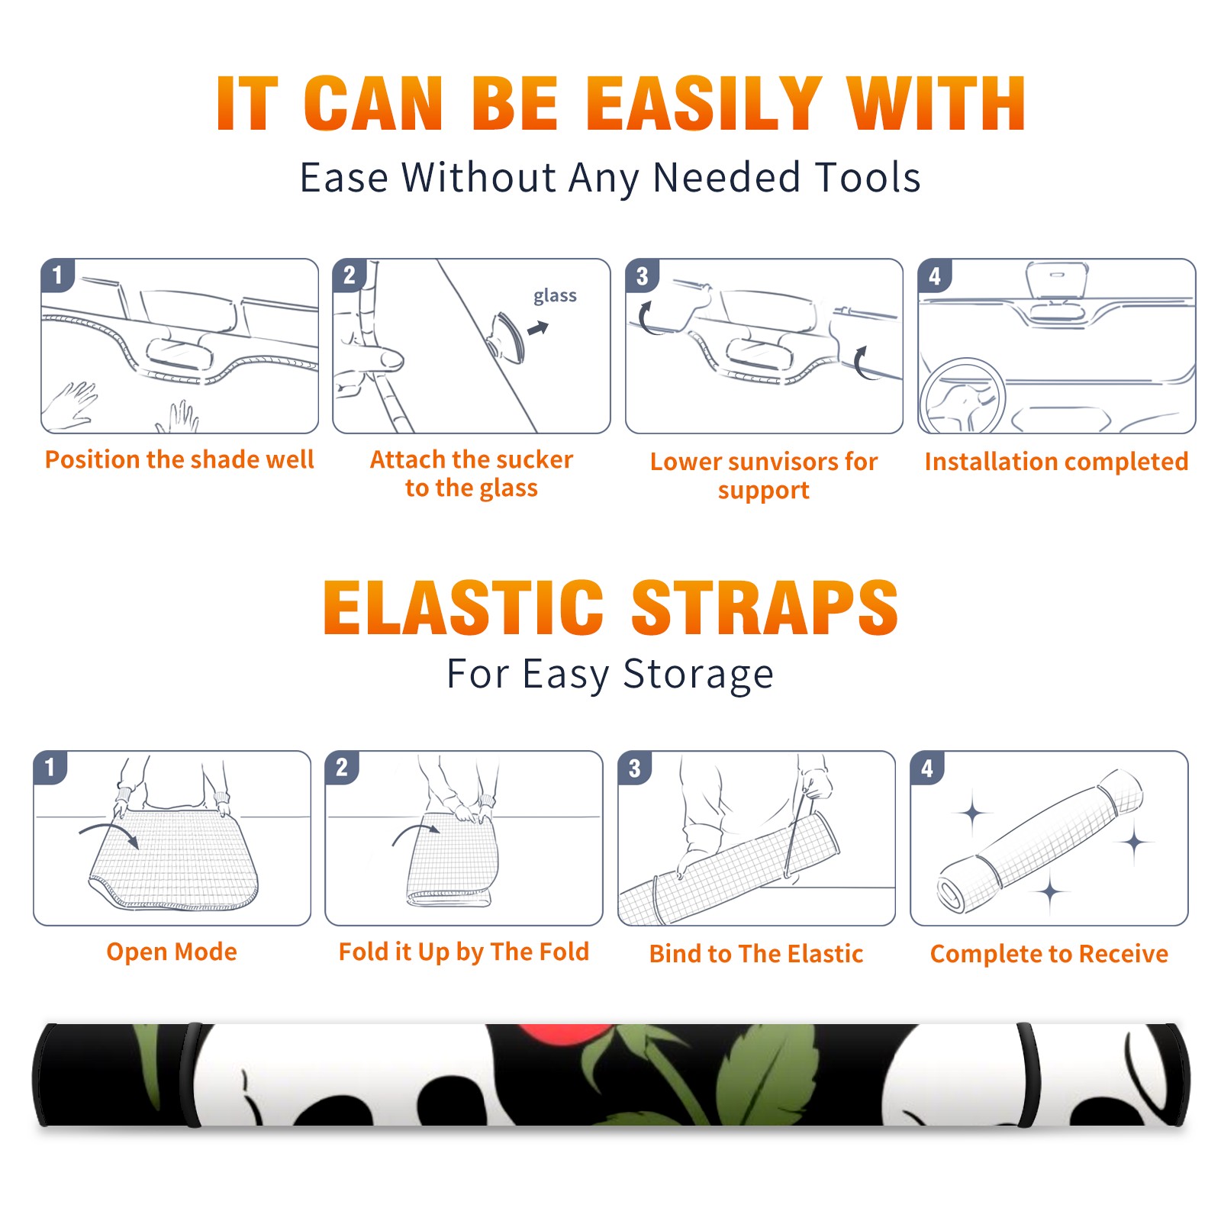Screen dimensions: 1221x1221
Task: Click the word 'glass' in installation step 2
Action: click(555, 296)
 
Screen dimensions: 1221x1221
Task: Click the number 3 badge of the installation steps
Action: click(642, 275)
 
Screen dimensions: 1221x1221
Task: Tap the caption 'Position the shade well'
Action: click(179, 459)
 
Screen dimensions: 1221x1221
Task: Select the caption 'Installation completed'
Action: click(1056, 461)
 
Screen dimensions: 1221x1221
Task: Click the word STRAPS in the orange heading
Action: click(765, 607)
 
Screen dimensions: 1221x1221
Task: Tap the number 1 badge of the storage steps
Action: click(50, 768)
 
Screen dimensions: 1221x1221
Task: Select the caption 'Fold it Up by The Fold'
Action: click(464, 952)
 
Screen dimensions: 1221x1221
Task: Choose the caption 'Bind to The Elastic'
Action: click(756, 954)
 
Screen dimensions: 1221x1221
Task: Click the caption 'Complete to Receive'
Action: click(1049, 954)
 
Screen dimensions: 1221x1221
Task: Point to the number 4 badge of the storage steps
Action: click(927, 768)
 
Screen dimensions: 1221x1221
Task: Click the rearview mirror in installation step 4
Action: click(1057, 280)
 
